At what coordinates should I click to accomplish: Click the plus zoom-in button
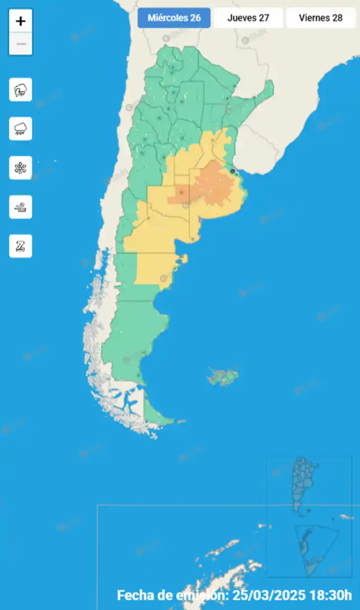[21, 21]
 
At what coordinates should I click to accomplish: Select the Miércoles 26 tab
[174, 18]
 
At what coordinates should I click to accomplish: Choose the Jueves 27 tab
[248, 18]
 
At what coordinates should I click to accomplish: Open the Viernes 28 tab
[320, 18]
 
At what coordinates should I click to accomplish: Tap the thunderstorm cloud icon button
[21, 90]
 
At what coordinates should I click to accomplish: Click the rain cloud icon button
[21, 129]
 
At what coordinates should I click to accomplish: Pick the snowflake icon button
[21, 168]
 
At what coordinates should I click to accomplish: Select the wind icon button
[21, 207]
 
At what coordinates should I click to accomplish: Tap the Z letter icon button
[21, 246]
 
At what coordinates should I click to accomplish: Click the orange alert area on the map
[214, 186]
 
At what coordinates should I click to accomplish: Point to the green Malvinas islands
[224, 377]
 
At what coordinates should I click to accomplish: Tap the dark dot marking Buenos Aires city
[233, 171]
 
